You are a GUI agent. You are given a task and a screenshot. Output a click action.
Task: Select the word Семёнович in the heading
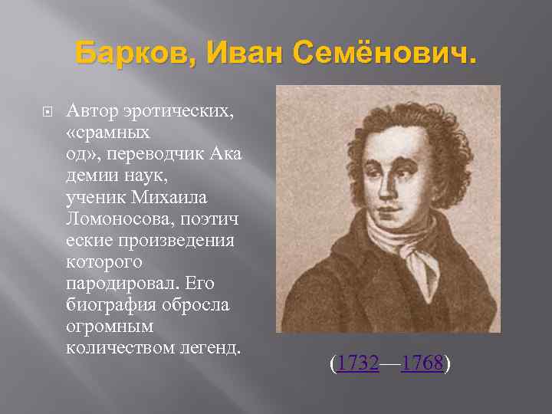point(374,54)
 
